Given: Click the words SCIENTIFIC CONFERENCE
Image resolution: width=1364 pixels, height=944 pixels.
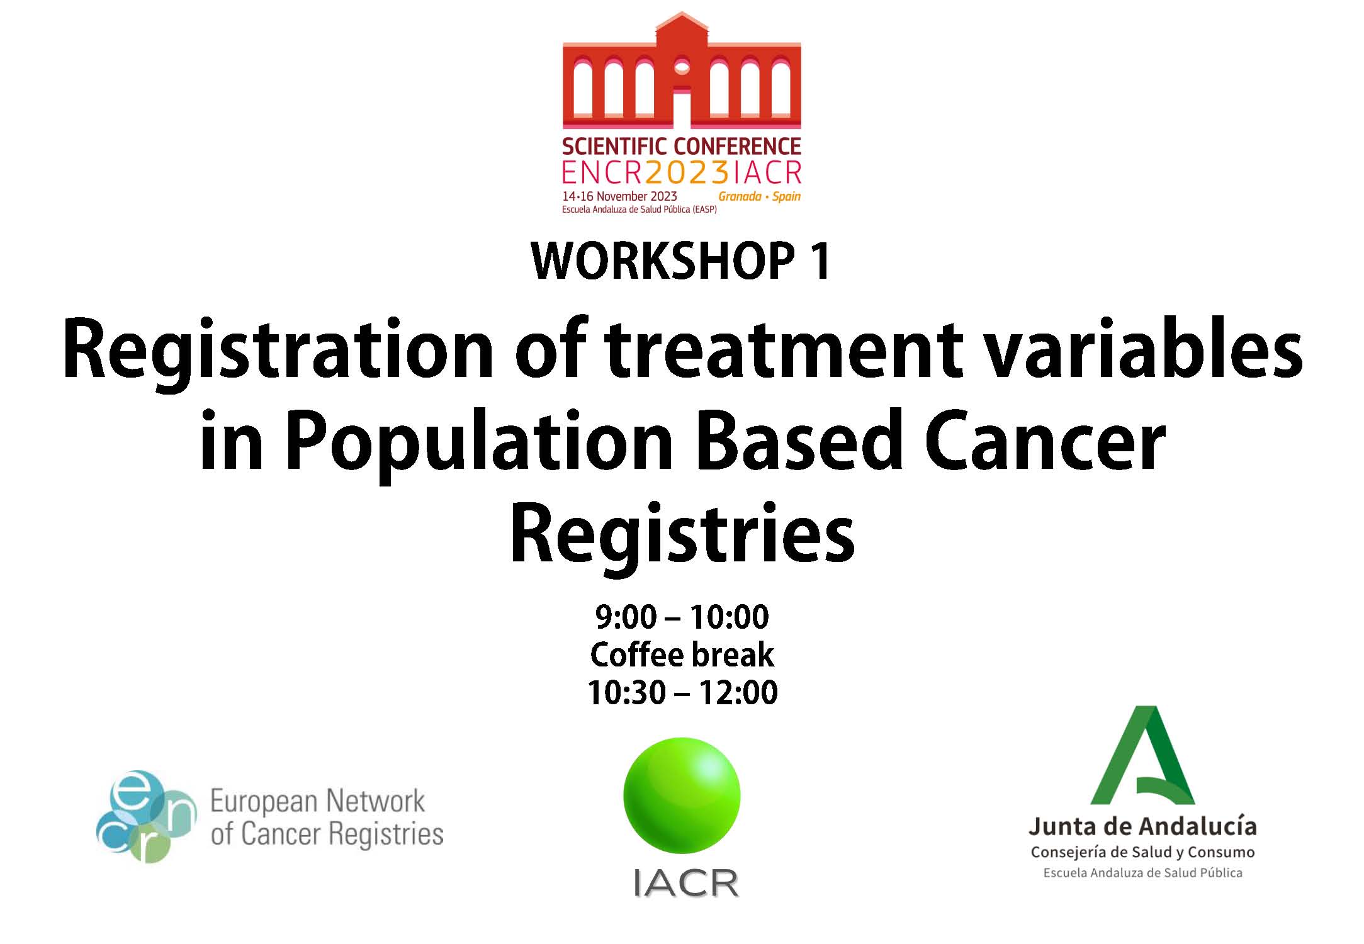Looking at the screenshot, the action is (x=682, y=146).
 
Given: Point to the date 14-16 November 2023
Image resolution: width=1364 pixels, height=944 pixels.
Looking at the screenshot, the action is (x=619, y=196).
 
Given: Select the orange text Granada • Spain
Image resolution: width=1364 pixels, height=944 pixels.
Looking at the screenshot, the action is (x=760, y=196).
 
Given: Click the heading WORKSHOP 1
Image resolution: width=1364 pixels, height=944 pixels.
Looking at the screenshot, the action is (x=682, y=261).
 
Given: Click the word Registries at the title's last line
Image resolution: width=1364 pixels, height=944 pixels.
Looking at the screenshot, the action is (x=682, y=534).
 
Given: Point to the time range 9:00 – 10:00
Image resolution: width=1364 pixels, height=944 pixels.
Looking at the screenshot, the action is (x=682, y=617).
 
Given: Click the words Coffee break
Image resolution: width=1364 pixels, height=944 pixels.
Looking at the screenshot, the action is (x=682, y=655).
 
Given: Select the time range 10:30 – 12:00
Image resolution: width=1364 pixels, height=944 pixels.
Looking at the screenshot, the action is (x=682, y=692).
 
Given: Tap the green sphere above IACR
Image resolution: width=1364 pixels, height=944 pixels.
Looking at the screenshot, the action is (x=682, y=795).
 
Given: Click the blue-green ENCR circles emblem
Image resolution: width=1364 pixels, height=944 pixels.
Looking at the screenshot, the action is (x=146, y=816).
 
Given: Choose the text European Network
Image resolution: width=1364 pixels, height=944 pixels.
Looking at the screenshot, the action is (x=318, y=802).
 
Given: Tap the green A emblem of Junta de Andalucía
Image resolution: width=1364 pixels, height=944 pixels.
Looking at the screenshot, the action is (x=1142, y=755).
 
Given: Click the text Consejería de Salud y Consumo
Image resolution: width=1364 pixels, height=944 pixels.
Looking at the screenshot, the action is (x=1142, y=852).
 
